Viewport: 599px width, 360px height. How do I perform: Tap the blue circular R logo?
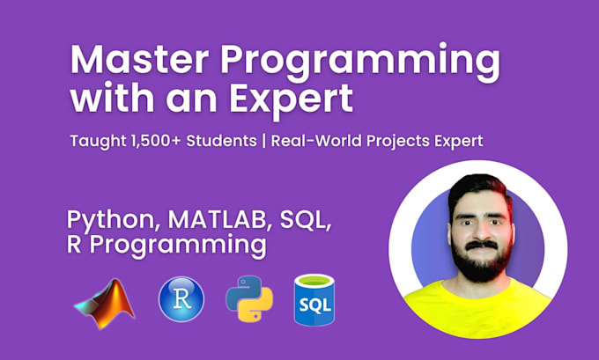(181, 300)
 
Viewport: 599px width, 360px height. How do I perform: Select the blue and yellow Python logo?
(249, 300)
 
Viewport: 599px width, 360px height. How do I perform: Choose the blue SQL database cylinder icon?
(314, 300)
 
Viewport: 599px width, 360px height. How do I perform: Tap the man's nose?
(480, 231)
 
